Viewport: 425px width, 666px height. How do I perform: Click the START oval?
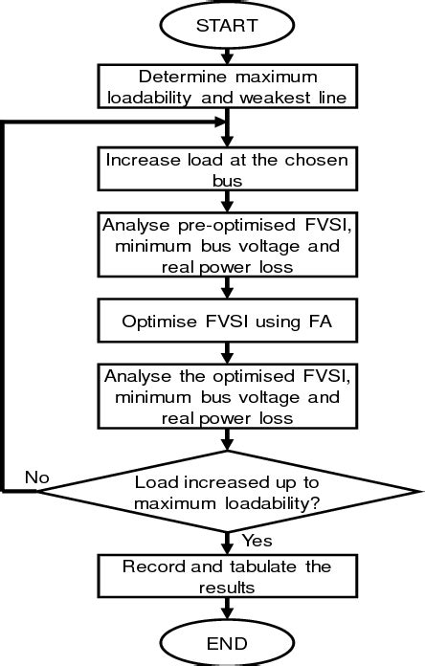[x=227, y=26]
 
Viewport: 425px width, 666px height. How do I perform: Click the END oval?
[x=227, y=641]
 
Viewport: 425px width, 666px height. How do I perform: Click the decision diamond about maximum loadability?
[x=227, y=492]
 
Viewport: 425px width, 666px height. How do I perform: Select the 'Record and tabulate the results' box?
[x=227, y=577]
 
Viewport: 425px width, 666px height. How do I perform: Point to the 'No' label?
[x=36, y=477]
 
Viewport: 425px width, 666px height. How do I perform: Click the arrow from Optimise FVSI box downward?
[x=227, y=353]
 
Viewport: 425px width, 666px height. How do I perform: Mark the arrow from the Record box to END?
[x=227, y=610]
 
